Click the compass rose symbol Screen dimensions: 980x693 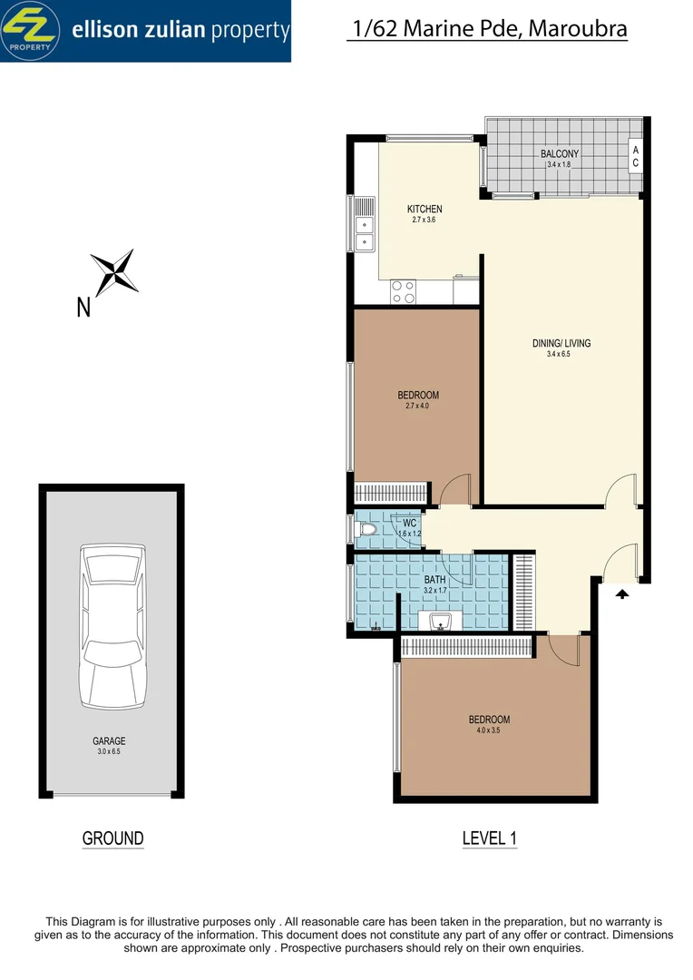click(x=114, y=270)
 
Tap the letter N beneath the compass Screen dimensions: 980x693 click(x=83, y=309)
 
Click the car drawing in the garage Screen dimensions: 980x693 click(x=112, y=626)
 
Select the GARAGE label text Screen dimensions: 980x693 click(x=109, y=741)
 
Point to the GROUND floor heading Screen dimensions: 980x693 click(x=112, y=838)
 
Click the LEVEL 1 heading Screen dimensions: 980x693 click(x=489, y=838)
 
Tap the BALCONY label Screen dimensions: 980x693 click(x=559, y=154)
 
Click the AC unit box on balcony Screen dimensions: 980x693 click(x=635, y=156)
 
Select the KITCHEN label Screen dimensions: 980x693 click(x=425, y=210)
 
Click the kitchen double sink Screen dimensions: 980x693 click(x=364, y=233)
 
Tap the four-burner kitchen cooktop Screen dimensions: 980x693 click(x=403, y=291)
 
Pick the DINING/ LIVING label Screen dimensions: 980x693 click(x=561, y=343)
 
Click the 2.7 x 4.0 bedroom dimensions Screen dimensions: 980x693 click(x=417, y=406)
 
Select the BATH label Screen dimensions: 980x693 click(x=434, y=580)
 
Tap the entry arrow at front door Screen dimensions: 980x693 click(x=622, y=594)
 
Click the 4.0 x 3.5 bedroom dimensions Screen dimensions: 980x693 click(x=489, y=730)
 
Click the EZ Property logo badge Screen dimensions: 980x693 click(x=29, y=30)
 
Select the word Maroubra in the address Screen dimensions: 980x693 click(x=579, y=29)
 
